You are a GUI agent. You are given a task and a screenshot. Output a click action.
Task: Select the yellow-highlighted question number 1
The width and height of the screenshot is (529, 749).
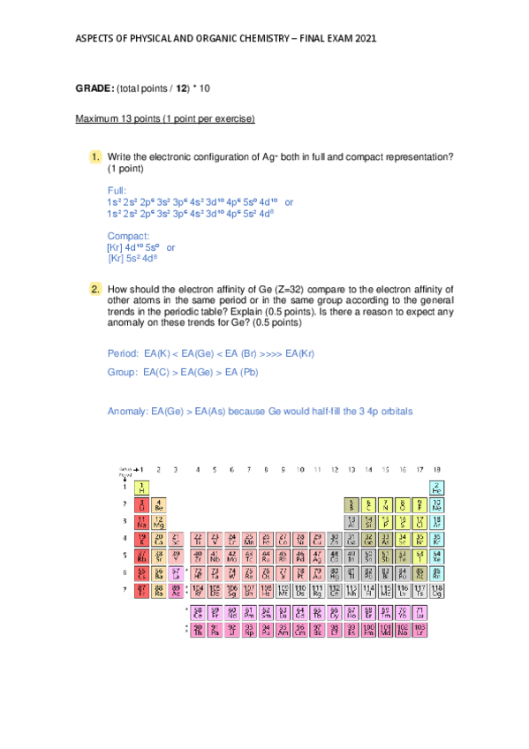pyautogui.click(x=94, y=157)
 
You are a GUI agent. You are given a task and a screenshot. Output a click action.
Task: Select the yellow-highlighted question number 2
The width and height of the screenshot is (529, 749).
pyautogui.click(x=94, y=289)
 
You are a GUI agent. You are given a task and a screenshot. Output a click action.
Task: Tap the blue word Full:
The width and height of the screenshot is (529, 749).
pyautogui.click(x=117, y=190)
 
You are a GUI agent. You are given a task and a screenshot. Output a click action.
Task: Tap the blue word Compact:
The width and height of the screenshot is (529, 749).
pyautogui.click(x=126, y=236)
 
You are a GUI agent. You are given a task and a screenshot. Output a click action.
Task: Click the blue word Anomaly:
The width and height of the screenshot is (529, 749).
pyautogui.click(x=127, y=412)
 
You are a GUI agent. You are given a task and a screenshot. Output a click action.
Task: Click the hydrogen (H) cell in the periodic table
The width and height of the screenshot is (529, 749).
pyautogui.click(x=141, y=487)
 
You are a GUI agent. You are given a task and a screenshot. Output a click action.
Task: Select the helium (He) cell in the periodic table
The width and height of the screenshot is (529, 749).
pyautogui.click(x=436, y=487)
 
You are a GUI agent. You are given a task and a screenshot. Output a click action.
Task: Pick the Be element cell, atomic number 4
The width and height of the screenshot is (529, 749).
pyautogui.click(x=158, y=504)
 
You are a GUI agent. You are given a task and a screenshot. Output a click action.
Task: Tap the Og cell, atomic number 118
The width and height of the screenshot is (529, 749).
pyautogui.click(x=436, y=589)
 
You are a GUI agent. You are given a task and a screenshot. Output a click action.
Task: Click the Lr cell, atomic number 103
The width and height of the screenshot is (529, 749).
pyautogui.click(x=419, y=629)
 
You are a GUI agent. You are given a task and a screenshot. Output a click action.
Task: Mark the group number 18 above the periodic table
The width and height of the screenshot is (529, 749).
pyautogui.click(x=436, y=469)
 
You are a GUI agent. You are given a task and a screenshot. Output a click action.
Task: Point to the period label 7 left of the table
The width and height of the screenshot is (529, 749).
pyautogui.click(x=125, y=589)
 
